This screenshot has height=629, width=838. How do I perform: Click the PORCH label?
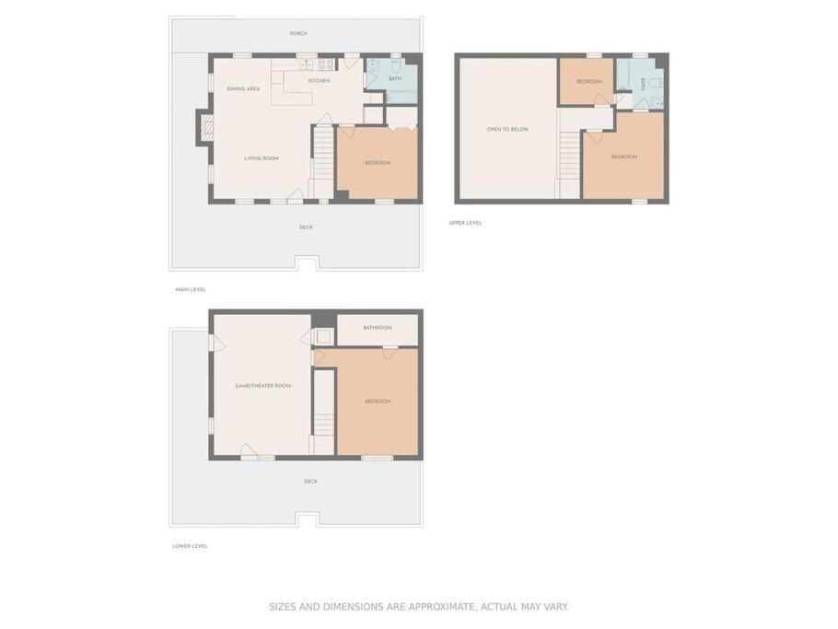(x=298, y=34)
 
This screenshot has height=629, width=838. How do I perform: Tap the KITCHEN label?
(x=319, y=81)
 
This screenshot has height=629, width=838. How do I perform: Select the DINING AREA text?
(x=243, y=88)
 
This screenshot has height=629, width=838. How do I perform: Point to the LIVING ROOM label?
(x=262, y=158)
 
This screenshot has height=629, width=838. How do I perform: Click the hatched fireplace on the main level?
(x=207, y=128)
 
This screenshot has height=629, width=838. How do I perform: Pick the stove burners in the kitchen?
(x=326, y=64)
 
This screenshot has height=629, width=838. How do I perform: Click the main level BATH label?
(x=395, y=79)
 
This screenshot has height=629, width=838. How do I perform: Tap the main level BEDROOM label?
(x=378, y=163)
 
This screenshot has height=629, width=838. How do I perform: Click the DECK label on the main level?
(x=307, y=227)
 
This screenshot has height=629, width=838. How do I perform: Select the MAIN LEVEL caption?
(x=191, y=290)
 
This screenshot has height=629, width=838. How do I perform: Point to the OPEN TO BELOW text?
(x=507, y=129)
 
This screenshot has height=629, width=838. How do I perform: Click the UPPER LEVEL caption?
(x=465, y=223)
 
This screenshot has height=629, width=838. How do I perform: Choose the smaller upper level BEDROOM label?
(x=589, y=82)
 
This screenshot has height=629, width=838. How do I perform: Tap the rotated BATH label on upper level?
(x=643, y=85)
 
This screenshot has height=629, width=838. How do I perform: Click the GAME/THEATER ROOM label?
(x=263, y=386)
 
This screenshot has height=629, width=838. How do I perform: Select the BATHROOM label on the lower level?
(x=378, y=328)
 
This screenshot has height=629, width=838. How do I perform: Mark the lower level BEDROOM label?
(x=378, y=402)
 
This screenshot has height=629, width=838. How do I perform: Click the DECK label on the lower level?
(x=310, y=482)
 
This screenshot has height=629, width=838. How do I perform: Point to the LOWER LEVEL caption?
(x=190, y=546)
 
